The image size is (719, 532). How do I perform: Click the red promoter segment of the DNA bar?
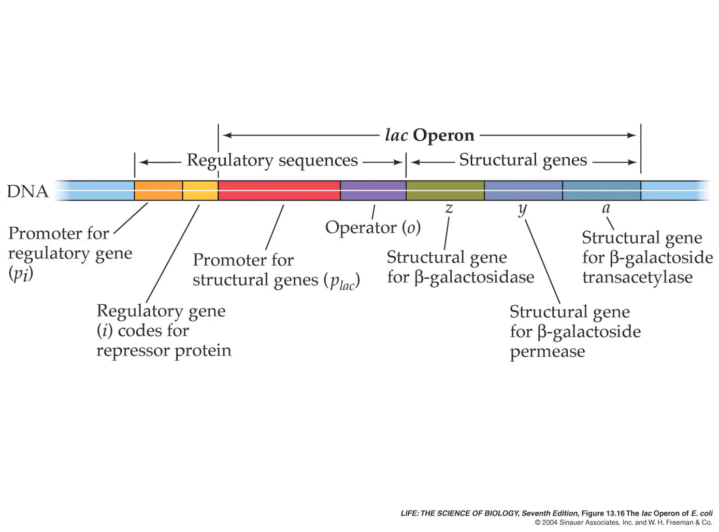click(x=279, y=190)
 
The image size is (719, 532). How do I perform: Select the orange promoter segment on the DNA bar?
click(x=158, y=190)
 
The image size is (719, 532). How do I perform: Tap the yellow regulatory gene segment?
click(x=200, y=190)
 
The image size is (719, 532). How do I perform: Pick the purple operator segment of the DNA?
click(x=373, y=190)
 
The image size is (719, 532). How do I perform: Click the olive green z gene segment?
click(x=445, y=190)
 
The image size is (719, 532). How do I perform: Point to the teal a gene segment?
click(x=601, y=190)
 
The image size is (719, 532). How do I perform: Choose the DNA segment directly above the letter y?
click(x=523, y=190)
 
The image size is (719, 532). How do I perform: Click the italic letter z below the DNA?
click(x=449, y=209)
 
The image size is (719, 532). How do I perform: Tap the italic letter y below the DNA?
click(x=522, y=209)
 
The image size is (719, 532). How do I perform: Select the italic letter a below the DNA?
click(x=606, y=209)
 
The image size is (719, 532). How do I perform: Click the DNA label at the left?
click(x=27, y=191)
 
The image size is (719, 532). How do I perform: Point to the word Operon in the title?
click(x=443, y=136)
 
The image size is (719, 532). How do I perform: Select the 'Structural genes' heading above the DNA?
click(x=523, y=160)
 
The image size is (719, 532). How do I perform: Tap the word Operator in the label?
click(x=361, y=228)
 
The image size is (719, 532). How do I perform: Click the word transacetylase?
click(x=637, y=277)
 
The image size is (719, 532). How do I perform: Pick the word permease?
click(x=548, y=352)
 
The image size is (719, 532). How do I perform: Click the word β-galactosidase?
click(x=474, y=278)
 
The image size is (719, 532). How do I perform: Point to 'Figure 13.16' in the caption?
click(x=602, y=513)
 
